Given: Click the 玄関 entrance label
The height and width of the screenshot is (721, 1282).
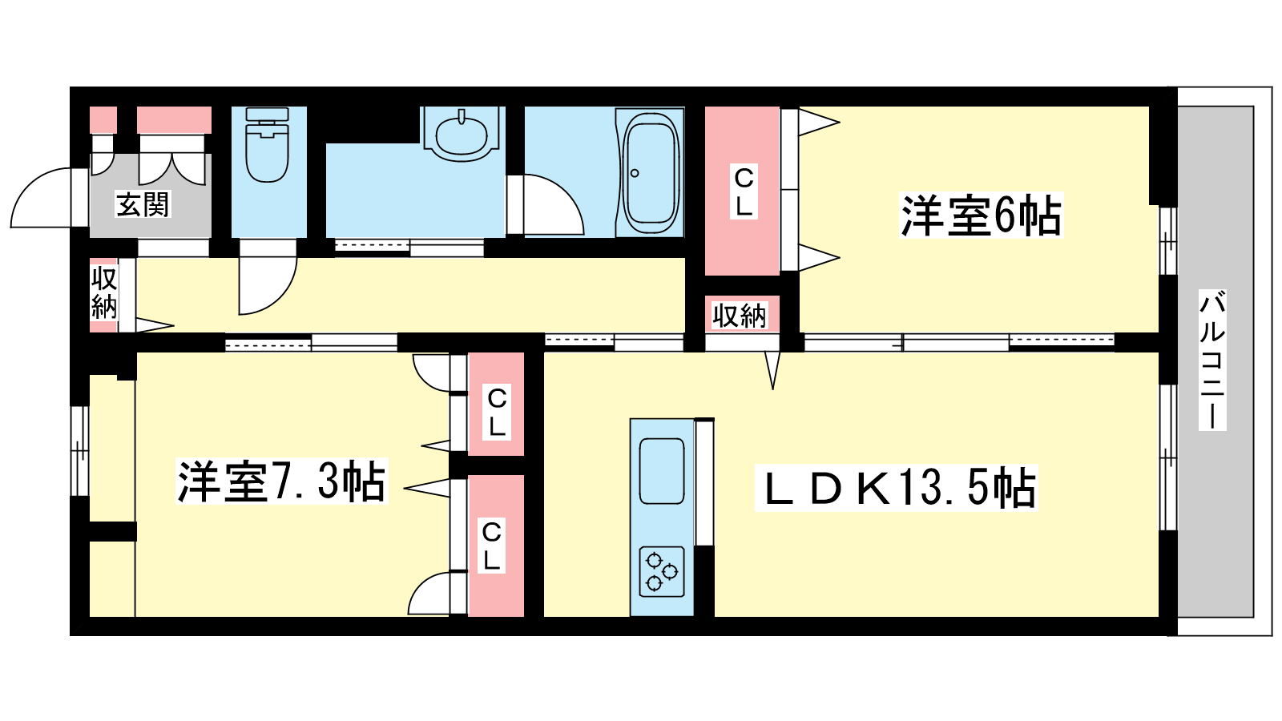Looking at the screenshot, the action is pos(143,205).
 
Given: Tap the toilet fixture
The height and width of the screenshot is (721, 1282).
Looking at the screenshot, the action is pos(268,145).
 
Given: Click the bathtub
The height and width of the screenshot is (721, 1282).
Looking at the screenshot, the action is pos(651,171).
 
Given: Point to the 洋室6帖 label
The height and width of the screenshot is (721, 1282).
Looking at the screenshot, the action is pos(981,215).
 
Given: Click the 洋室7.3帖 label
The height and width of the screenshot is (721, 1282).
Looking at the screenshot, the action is pos(281,481).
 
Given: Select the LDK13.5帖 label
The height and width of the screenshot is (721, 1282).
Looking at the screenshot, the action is pos(897,488).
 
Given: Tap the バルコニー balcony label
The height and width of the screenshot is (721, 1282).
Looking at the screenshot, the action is pos(1212,360).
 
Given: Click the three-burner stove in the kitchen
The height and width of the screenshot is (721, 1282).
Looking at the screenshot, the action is pos(662,572).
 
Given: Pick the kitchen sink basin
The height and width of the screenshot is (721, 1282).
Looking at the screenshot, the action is pos(662,471).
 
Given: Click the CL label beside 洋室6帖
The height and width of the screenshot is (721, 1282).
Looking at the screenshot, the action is pos(744,191).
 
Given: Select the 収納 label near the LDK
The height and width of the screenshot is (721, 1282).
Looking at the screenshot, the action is pos(740,315).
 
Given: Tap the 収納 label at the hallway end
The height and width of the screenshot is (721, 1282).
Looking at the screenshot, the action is pos(104,292).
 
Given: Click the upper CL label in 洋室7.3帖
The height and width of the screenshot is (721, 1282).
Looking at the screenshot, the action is pos(497,413).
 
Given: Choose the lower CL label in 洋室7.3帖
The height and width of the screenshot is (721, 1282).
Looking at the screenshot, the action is pos(492,546).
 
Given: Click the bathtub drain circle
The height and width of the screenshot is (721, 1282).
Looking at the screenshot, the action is pos(634,173).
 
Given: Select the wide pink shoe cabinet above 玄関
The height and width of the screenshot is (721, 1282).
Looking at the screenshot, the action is pos(174,120).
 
